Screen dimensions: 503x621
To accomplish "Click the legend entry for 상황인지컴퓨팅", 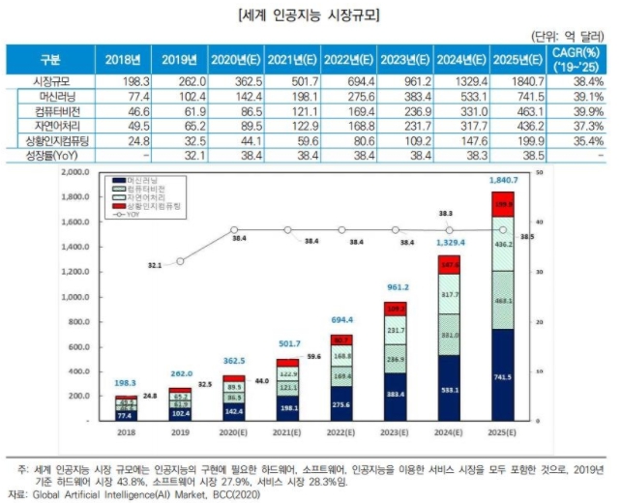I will pyautogui.click(x=154, y=206).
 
